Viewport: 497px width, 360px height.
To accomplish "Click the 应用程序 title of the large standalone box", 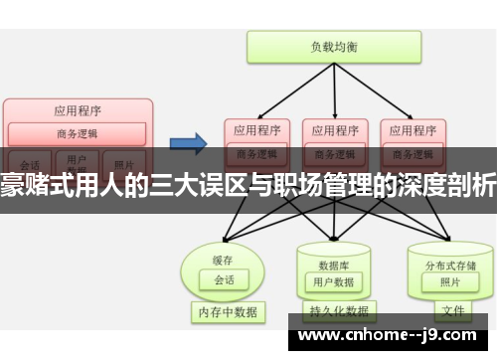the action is click(79, 110).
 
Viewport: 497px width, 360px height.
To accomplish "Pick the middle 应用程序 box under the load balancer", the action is click(334, 130).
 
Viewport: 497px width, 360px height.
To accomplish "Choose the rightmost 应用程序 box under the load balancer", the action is click(412, 130).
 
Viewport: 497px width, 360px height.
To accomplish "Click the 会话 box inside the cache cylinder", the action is click(224, 253).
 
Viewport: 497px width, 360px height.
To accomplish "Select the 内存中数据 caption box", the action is click(227, 312).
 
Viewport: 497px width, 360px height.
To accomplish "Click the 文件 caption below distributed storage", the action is click(452, 311).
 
